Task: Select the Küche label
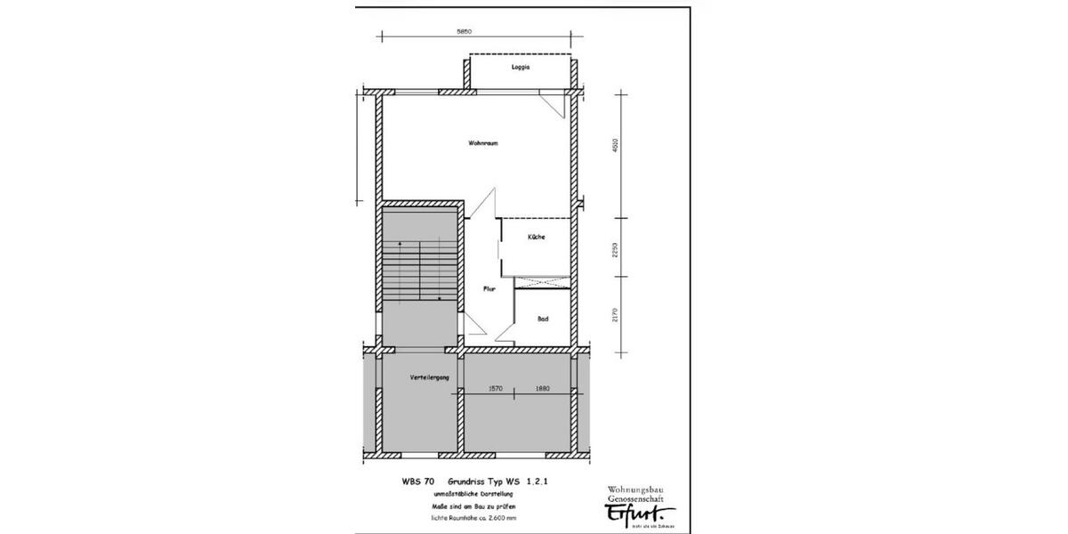coord(536,237)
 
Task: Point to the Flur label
coord(489,288)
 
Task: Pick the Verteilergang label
coord(429,378)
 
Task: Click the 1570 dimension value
coord(496,387)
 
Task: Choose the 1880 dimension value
coord(543,387)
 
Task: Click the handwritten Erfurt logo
coord(641,514)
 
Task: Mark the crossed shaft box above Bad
coord(542,283)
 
